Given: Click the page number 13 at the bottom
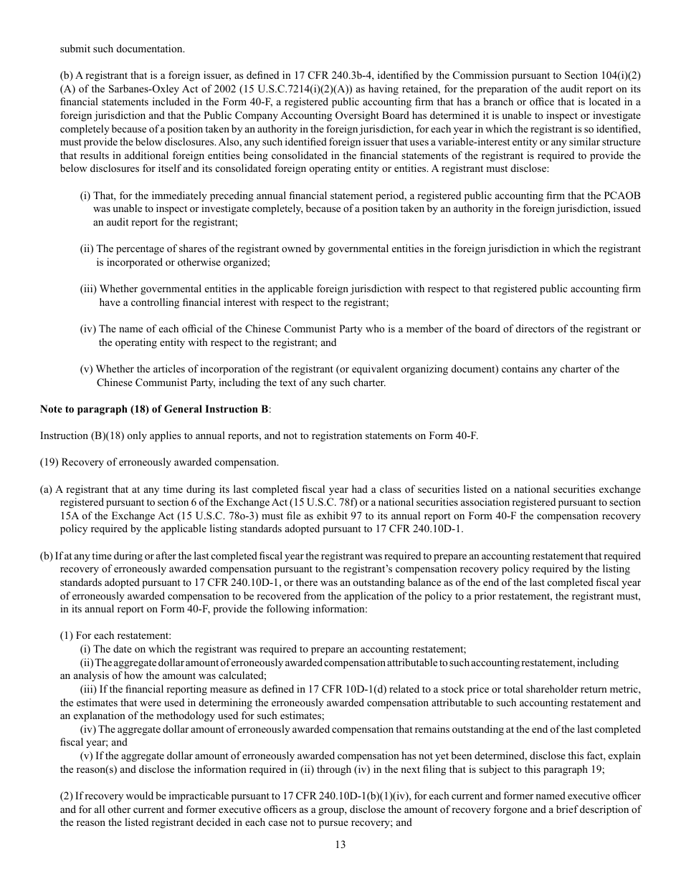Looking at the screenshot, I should (340, 844).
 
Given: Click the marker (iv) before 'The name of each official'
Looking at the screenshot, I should (88, 329).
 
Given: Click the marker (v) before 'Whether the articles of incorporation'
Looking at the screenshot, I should (87, 370).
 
